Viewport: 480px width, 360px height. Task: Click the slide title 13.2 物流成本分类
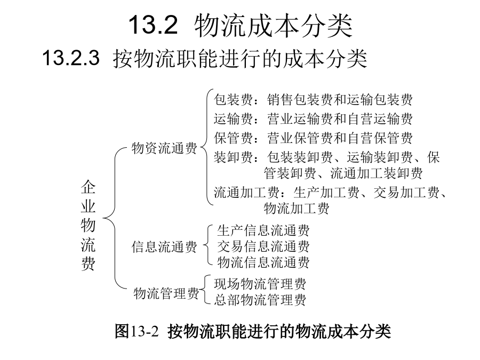241,25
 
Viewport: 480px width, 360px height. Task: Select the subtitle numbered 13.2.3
204,58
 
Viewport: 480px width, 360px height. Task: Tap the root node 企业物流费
88,225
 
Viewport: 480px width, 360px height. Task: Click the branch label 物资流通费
164,148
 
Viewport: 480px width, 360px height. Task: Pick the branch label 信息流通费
164,247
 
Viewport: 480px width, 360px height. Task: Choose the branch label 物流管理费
166,293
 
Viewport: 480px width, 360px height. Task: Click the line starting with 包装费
313,100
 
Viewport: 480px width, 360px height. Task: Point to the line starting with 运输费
313,119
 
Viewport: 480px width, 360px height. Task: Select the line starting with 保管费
313,138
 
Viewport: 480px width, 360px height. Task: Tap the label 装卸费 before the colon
233,157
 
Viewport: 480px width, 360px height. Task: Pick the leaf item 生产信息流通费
263,230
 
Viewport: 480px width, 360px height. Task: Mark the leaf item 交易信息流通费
263,246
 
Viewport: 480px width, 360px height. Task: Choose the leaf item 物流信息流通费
263,262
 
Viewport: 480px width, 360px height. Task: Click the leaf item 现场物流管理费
260,284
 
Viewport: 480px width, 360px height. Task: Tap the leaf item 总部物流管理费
260,300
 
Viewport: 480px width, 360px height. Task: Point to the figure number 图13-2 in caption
137,331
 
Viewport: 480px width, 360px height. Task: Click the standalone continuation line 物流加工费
297,209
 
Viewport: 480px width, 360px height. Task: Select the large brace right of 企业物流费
115,218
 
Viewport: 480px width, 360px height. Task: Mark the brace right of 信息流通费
207,245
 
